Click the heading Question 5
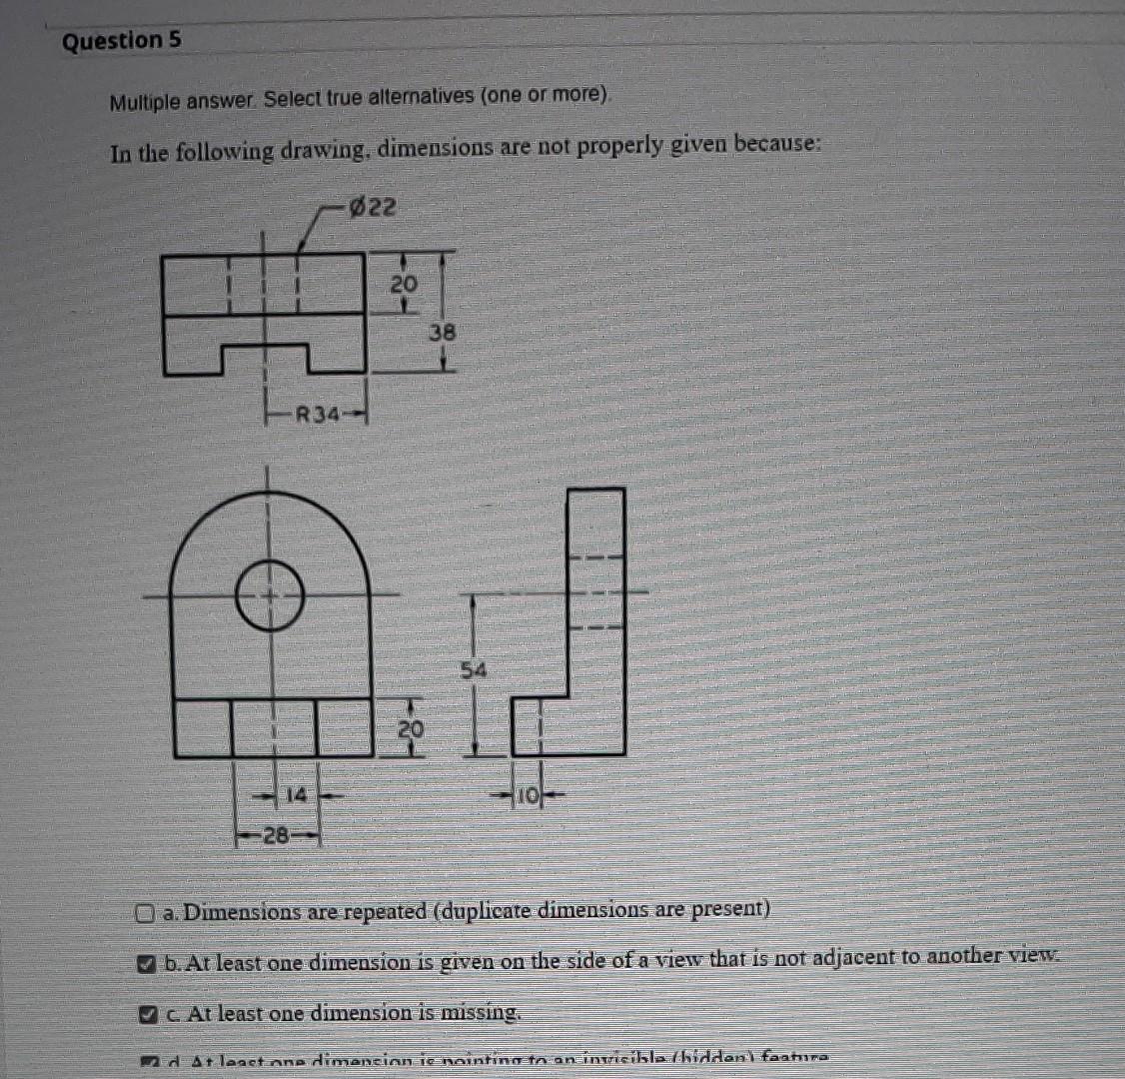122,41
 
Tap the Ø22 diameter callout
372,208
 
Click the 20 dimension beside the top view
403,285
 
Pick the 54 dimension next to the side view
474,670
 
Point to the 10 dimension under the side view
526,796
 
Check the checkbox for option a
146,912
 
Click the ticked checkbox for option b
146,964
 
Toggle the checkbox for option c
146,1014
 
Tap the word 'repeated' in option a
385,911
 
